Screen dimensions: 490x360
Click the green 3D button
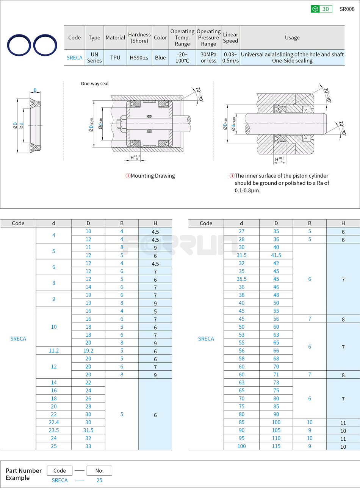[x=321, y=9]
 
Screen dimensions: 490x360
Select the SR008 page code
[x=347, y=9]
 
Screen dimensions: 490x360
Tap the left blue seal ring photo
[x=19, y=45]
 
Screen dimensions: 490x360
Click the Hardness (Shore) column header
[x=139, y=37]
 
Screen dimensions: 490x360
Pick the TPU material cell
[x=115, y=58]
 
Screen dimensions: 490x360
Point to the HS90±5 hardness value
[x=139, y=58]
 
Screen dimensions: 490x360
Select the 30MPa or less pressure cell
[x=208, y=58]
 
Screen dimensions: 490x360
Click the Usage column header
[x=292, y=37]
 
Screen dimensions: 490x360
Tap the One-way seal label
[x=95, y=84]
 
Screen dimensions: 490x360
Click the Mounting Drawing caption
[x=152, y=176]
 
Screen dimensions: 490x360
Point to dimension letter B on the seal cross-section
[x=35, y=90]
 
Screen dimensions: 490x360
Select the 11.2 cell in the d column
[x=54, y=351]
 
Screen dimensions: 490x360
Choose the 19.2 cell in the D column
[x=88, y=351]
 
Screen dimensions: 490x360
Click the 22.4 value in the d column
[x=54, y=422]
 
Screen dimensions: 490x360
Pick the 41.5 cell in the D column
[x=276, y=255]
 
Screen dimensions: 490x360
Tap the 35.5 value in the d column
[x=241, y=279]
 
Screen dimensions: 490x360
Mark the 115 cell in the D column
[x=276, y=446]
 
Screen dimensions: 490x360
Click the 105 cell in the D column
[x=276, y=430]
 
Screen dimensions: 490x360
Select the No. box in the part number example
[x=99, y=471]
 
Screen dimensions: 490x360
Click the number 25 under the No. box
[x=99, y=480]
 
